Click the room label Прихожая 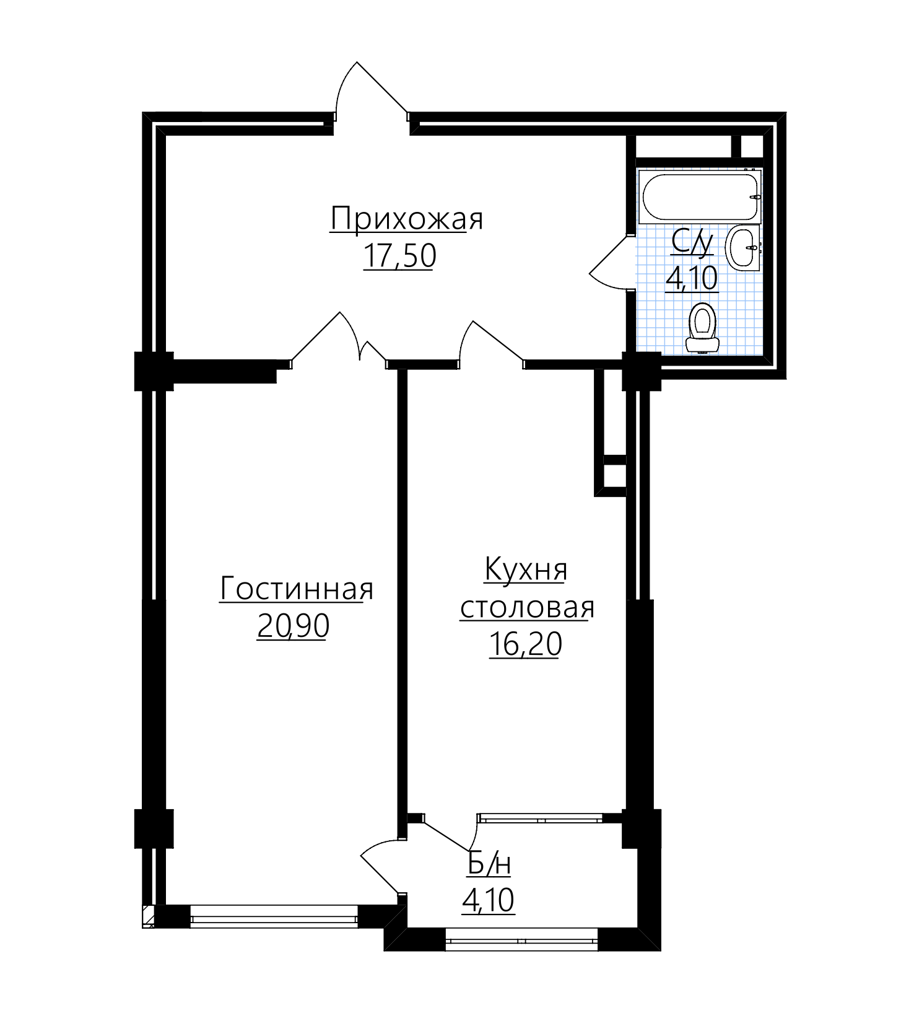coord(406,219)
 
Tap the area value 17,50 coord(399,255)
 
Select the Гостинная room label coord(297,588)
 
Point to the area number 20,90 coord(293,626)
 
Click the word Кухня coord(526,569)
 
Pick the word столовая coord(527,608)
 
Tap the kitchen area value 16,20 coord(525,644)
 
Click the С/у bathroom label coord(692,242)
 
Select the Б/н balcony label coord(489,864)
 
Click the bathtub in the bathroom coord(700,197)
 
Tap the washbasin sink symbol coord(742,247)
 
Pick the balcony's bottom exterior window coord(522,939)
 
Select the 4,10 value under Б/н coord(488,901)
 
